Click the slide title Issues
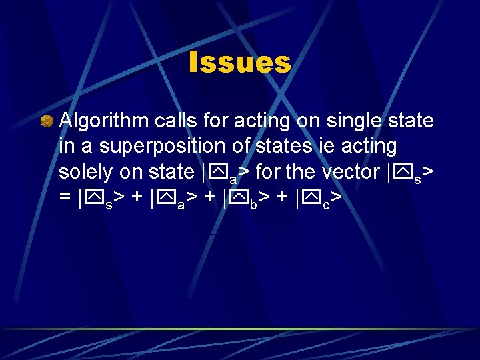(240, 63)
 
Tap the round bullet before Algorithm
(46, 121)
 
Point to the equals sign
(65, 198)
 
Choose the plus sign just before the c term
(284, 198)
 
